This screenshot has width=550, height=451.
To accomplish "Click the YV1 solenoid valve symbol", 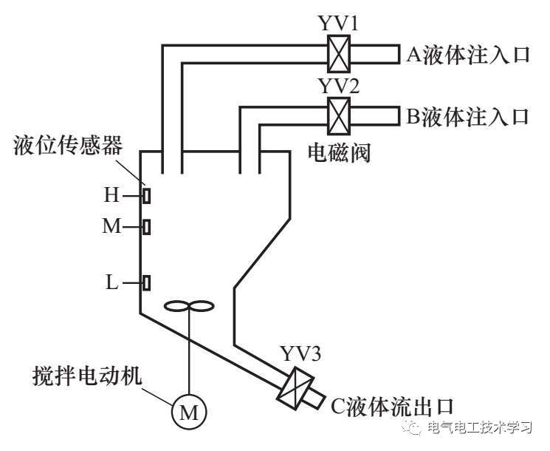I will (x=339, y=55).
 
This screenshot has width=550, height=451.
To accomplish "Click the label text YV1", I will (x=339, y=25).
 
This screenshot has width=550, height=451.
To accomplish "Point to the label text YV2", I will (x=339, y=86).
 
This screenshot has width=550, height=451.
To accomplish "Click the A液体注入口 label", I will (x=467, y=55).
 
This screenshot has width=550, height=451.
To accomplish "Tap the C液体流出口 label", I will (x=388, y=404).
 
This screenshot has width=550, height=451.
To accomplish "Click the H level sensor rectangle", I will (x=147, y=196).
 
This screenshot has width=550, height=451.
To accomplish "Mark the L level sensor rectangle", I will (x=147, y=282).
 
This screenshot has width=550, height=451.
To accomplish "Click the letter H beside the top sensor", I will (x=111, y=196).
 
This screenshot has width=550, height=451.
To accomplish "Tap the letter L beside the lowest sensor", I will (x=111, y=282).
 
